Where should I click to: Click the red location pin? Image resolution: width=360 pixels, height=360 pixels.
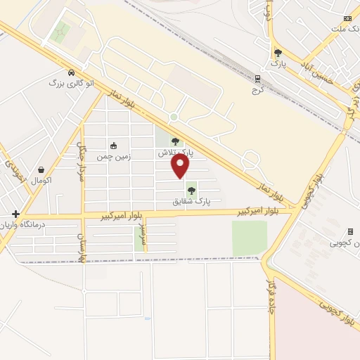pos(181,166)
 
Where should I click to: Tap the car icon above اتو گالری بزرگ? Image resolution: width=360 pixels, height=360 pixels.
pos(71,72)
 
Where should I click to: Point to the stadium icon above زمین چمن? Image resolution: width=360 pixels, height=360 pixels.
pos(113,146)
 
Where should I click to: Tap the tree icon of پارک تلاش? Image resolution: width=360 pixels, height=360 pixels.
pos(175,141)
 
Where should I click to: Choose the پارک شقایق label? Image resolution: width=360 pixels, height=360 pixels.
pos(191,201)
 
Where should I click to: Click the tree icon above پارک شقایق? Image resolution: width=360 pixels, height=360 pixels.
pos(191,191)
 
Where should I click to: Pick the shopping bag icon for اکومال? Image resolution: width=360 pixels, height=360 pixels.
pos(42,169)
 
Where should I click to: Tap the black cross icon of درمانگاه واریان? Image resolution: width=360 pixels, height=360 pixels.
pos(15,214)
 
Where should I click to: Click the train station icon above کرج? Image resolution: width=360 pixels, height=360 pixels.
pos(257,79)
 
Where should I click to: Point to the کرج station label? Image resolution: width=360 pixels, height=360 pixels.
pos(257,91)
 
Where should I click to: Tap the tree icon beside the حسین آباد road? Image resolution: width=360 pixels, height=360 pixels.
pos(278,53)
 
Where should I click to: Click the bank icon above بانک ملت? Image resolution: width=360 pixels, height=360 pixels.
pos(347,18)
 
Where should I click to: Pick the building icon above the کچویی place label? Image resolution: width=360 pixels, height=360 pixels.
pos(350,231)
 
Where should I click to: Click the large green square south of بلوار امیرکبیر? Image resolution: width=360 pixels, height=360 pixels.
pos(250,238)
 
